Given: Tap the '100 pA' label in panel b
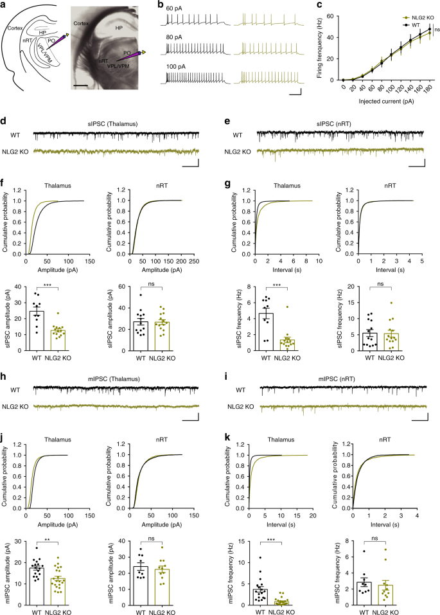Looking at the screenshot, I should (175, 67).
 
